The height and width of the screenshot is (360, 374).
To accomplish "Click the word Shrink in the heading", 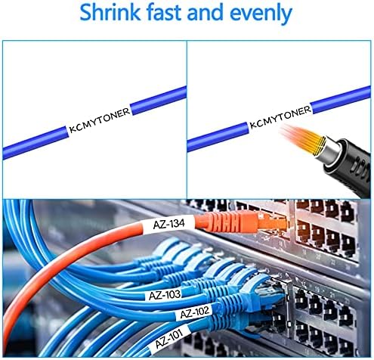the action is coord(110,12).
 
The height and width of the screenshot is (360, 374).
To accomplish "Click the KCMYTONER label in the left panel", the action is coord(100,120).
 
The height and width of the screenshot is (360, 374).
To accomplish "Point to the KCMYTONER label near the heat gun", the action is coord(280,116).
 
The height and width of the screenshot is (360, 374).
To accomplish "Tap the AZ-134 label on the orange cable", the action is coord(168,224).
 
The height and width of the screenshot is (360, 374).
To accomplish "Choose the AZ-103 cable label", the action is coord(165,295).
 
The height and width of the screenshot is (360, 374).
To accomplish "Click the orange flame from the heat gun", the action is coord(301,138).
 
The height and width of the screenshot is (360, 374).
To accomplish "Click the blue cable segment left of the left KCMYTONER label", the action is coord(36,143).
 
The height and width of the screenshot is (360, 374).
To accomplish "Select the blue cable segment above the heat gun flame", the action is coord(341,99).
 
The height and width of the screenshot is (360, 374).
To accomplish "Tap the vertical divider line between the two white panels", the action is coord(187,119).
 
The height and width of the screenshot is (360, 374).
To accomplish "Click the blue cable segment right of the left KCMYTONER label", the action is coord(159,101).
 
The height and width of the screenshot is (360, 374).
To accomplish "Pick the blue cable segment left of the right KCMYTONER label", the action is coord(218,137).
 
